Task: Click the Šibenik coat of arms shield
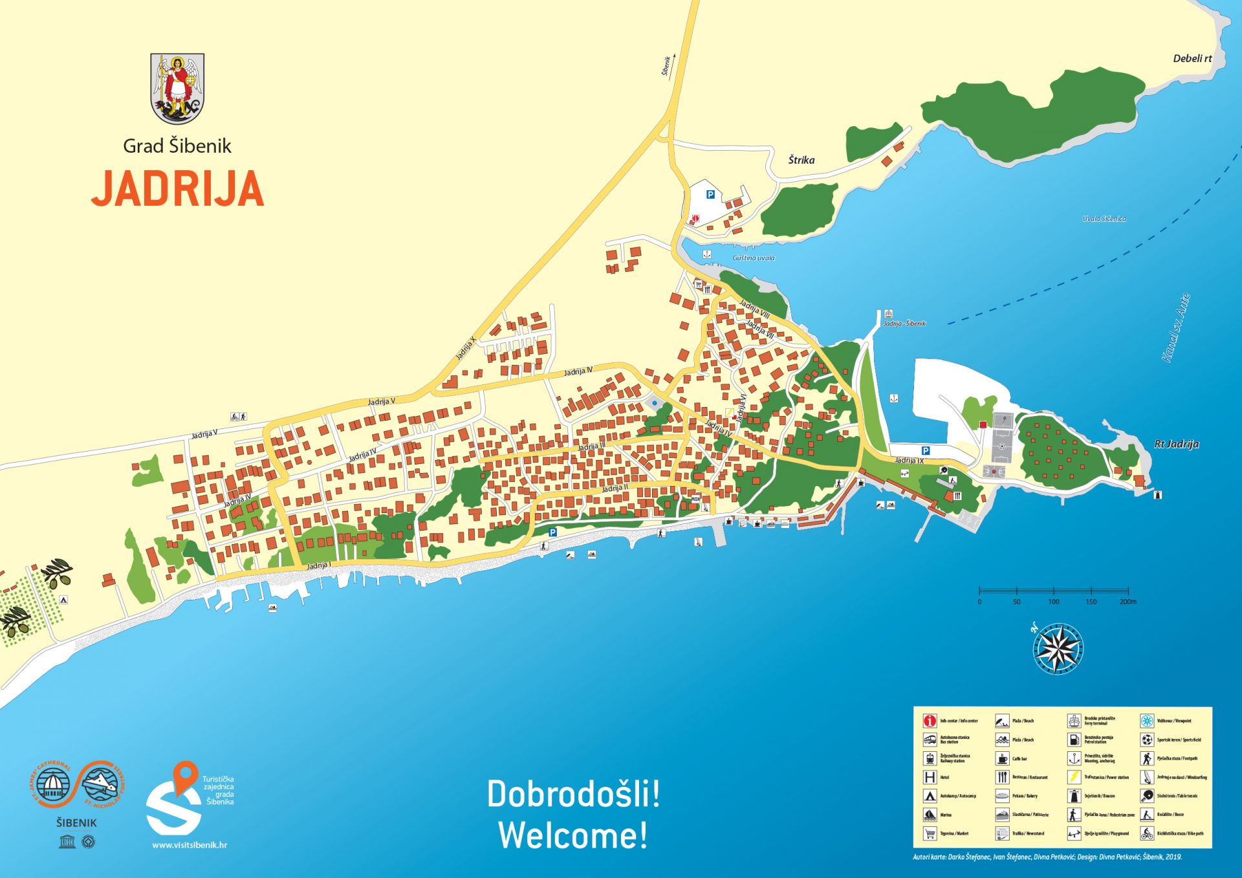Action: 177,89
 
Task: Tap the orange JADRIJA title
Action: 178,189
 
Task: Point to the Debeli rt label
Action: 1192,58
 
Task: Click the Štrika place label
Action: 801,160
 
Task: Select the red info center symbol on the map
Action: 695,219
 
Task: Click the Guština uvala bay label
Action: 753,258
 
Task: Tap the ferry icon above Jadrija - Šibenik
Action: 889,313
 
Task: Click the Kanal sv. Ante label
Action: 1175,328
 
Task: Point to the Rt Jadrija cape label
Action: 1176,444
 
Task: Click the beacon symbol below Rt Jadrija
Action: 1158,495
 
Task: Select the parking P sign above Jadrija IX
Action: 925,450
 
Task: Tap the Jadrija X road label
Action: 465,348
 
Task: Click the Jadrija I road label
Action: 318,565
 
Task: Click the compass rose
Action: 1058,648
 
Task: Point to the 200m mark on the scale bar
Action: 1128,601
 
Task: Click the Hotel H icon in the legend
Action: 930,777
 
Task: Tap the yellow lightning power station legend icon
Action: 1074,777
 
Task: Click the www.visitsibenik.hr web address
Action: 190,845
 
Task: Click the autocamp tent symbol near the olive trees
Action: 63,600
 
